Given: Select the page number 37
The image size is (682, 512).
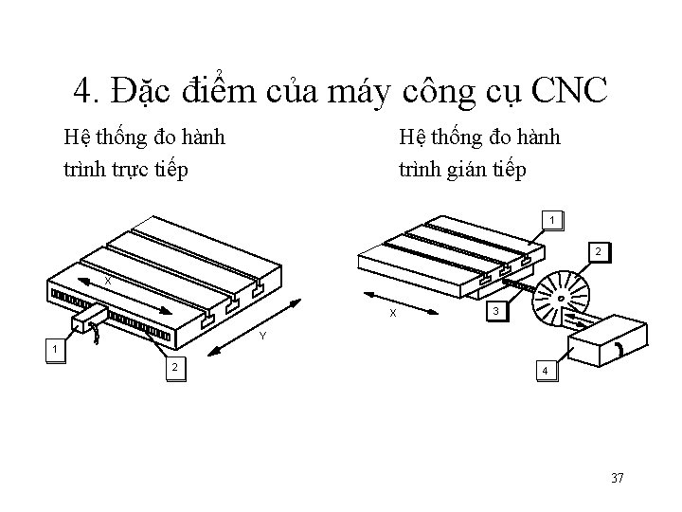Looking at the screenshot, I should point(617,477).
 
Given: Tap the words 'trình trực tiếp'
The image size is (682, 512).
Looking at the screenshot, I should point(126,169).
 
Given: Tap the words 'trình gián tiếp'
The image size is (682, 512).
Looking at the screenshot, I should point(462,169).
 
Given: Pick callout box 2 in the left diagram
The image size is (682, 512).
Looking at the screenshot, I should point(173,367).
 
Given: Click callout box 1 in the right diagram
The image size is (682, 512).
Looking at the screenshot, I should point(552,220).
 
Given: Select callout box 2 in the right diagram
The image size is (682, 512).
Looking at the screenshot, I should point(599,251).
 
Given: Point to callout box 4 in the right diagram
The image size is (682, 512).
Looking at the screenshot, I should point(544,370).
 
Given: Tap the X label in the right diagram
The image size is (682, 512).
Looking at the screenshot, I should point(394,313).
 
